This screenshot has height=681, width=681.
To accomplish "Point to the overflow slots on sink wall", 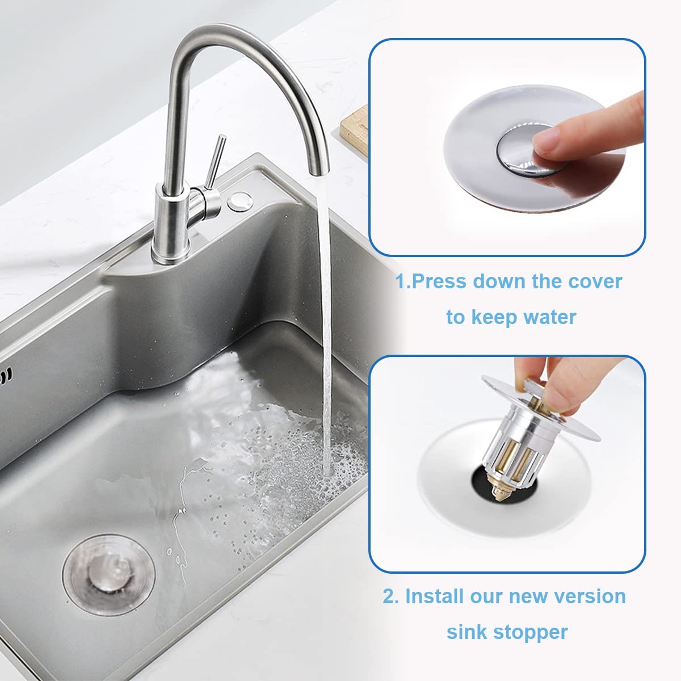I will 6,375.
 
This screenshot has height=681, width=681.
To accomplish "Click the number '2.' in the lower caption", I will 390,596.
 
